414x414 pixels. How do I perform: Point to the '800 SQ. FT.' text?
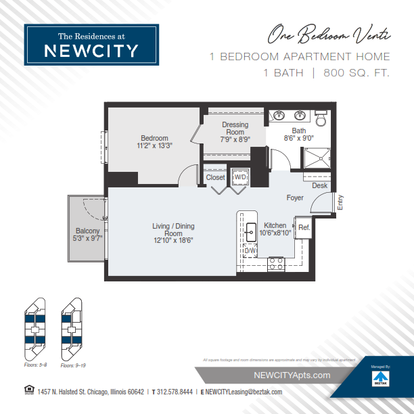click(x=356, y=72)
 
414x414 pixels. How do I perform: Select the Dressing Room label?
click(x=235, y=129)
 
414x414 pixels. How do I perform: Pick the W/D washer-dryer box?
click(x=240, y=177)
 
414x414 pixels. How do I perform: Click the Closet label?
click(x=216, y=177)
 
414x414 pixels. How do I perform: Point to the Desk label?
click(x=319, y=185)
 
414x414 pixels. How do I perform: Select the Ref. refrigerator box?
click(x=304, y=228)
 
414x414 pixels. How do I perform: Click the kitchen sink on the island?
click(x=250, y=227)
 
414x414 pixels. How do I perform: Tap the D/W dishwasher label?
click(x=250, y=250)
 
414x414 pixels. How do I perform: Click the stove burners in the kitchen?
click(x=275, y=263)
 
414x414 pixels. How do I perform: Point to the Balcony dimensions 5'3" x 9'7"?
click(x=87, y=238)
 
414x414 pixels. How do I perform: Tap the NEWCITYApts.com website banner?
click(x=292, y=375)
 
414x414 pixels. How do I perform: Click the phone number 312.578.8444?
click(x=175, y=392)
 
